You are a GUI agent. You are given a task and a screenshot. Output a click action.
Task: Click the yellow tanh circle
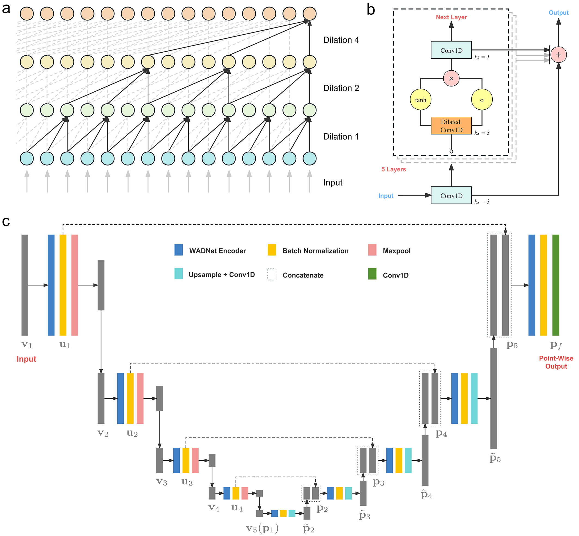420,100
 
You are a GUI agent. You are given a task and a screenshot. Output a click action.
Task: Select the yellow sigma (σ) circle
482,100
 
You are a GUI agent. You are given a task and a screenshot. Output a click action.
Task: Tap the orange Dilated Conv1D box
451,125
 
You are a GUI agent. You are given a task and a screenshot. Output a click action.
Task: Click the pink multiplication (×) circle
451,78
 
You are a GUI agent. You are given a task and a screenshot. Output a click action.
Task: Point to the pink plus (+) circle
558,55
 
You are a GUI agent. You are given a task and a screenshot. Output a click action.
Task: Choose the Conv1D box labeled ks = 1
451,50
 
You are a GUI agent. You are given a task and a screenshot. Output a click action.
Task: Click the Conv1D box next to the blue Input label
451,195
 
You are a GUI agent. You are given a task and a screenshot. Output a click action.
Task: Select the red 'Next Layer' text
451,17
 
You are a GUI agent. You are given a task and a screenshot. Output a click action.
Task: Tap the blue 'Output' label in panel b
558,13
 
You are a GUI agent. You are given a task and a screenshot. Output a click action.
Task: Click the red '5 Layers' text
393,169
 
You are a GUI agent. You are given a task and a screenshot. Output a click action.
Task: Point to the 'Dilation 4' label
341,40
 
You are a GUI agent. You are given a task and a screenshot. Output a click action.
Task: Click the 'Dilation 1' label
341,137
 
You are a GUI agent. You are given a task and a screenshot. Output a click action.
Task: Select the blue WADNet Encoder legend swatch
178,250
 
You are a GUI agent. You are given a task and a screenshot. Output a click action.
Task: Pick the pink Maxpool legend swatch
372,250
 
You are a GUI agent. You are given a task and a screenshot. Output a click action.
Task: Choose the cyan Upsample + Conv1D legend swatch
178,274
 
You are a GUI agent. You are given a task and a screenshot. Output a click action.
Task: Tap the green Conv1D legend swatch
372,274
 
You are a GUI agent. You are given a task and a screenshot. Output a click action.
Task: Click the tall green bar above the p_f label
555,285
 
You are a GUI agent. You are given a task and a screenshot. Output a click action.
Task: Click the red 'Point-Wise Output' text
556,362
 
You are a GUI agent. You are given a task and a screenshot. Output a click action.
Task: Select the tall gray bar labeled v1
25,285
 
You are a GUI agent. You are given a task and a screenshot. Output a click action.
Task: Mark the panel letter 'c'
6,221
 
